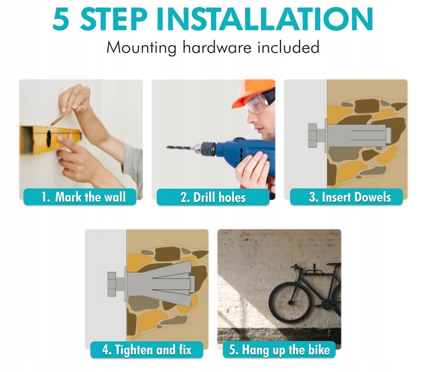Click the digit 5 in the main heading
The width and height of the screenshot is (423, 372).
point(61,19)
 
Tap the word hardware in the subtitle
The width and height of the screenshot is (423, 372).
point(217,47)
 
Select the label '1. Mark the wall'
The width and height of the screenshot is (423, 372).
point(80,197)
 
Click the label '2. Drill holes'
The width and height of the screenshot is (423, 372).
point(213,197)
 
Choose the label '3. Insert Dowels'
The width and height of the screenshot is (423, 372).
point(346,197)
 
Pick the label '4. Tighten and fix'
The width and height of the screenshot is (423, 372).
point(147,350)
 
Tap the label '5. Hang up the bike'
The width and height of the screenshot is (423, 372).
point(279,350)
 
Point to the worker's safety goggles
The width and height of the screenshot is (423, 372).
point(259,103)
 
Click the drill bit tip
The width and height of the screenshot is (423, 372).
point(167,147)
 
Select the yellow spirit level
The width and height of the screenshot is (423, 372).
point(50,139)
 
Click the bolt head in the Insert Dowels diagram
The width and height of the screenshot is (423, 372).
point(313,136)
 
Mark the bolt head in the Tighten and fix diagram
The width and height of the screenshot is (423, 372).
point(112,285)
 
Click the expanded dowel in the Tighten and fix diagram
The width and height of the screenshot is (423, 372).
point(162,285)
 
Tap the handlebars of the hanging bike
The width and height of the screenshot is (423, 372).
point(296,268)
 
